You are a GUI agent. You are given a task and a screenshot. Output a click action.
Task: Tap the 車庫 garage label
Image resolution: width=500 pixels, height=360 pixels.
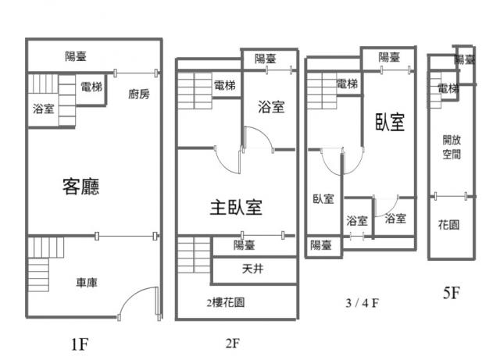tap(87, 283)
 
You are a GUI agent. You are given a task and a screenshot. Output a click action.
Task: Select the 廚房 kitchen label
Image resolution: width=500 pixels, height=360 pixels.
tap(138, 94)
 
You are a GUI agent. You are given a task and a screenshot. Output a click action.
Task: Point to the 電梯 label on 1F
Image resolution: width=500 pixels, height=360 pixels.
tap(91, 87)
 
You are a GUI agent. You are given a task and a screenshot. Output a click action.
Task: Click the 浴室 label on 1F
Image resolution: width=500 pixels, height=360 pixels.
tap(44, 109)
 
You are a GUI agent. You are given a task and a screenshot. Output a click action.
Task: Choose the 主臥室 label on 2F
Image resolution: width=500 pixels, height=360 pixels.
tap(235, 207)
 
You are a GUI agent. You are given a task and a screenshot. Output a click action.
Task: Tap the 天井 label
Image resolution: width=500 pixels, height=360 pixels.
tap(252, 270)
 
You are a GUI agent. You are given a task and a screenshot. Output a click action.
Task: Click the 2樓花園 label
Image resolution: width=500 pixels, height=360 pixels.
tap(225, 301)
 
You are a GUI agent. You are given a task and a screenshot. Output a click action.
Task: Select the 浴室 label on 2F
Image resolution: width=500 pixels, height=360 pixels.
tap(270, 108)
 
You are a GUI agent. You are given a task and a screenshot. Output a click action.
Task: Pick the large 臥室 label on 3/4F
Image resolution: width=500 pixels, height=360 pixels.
tap(389, 121)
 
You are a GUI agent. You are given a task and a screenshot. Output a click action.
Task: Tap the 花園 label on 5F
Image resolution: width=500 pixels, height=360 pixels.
tap(448, 224)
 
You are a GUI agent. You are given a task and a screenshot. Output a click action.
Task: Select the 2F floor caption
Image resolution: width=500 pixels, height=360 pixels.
tap(230, 342)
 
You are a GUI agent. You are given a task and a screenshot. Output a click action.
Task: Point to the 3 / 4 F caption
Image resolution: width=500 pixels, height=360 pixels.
tap(362, 301)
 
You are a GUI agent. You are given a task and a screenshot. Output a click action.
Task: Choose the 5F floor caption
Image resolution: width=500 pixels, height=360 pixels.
tap(451, 293)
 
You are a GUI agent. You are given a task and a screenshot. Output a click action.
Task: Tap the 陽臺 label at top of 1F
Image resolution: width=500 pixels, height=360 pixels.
tap(76, 55)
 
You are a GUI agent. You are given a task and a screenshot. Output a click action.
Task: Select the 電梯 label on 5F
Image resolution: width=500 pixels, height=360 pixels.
tap(448, 89)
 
